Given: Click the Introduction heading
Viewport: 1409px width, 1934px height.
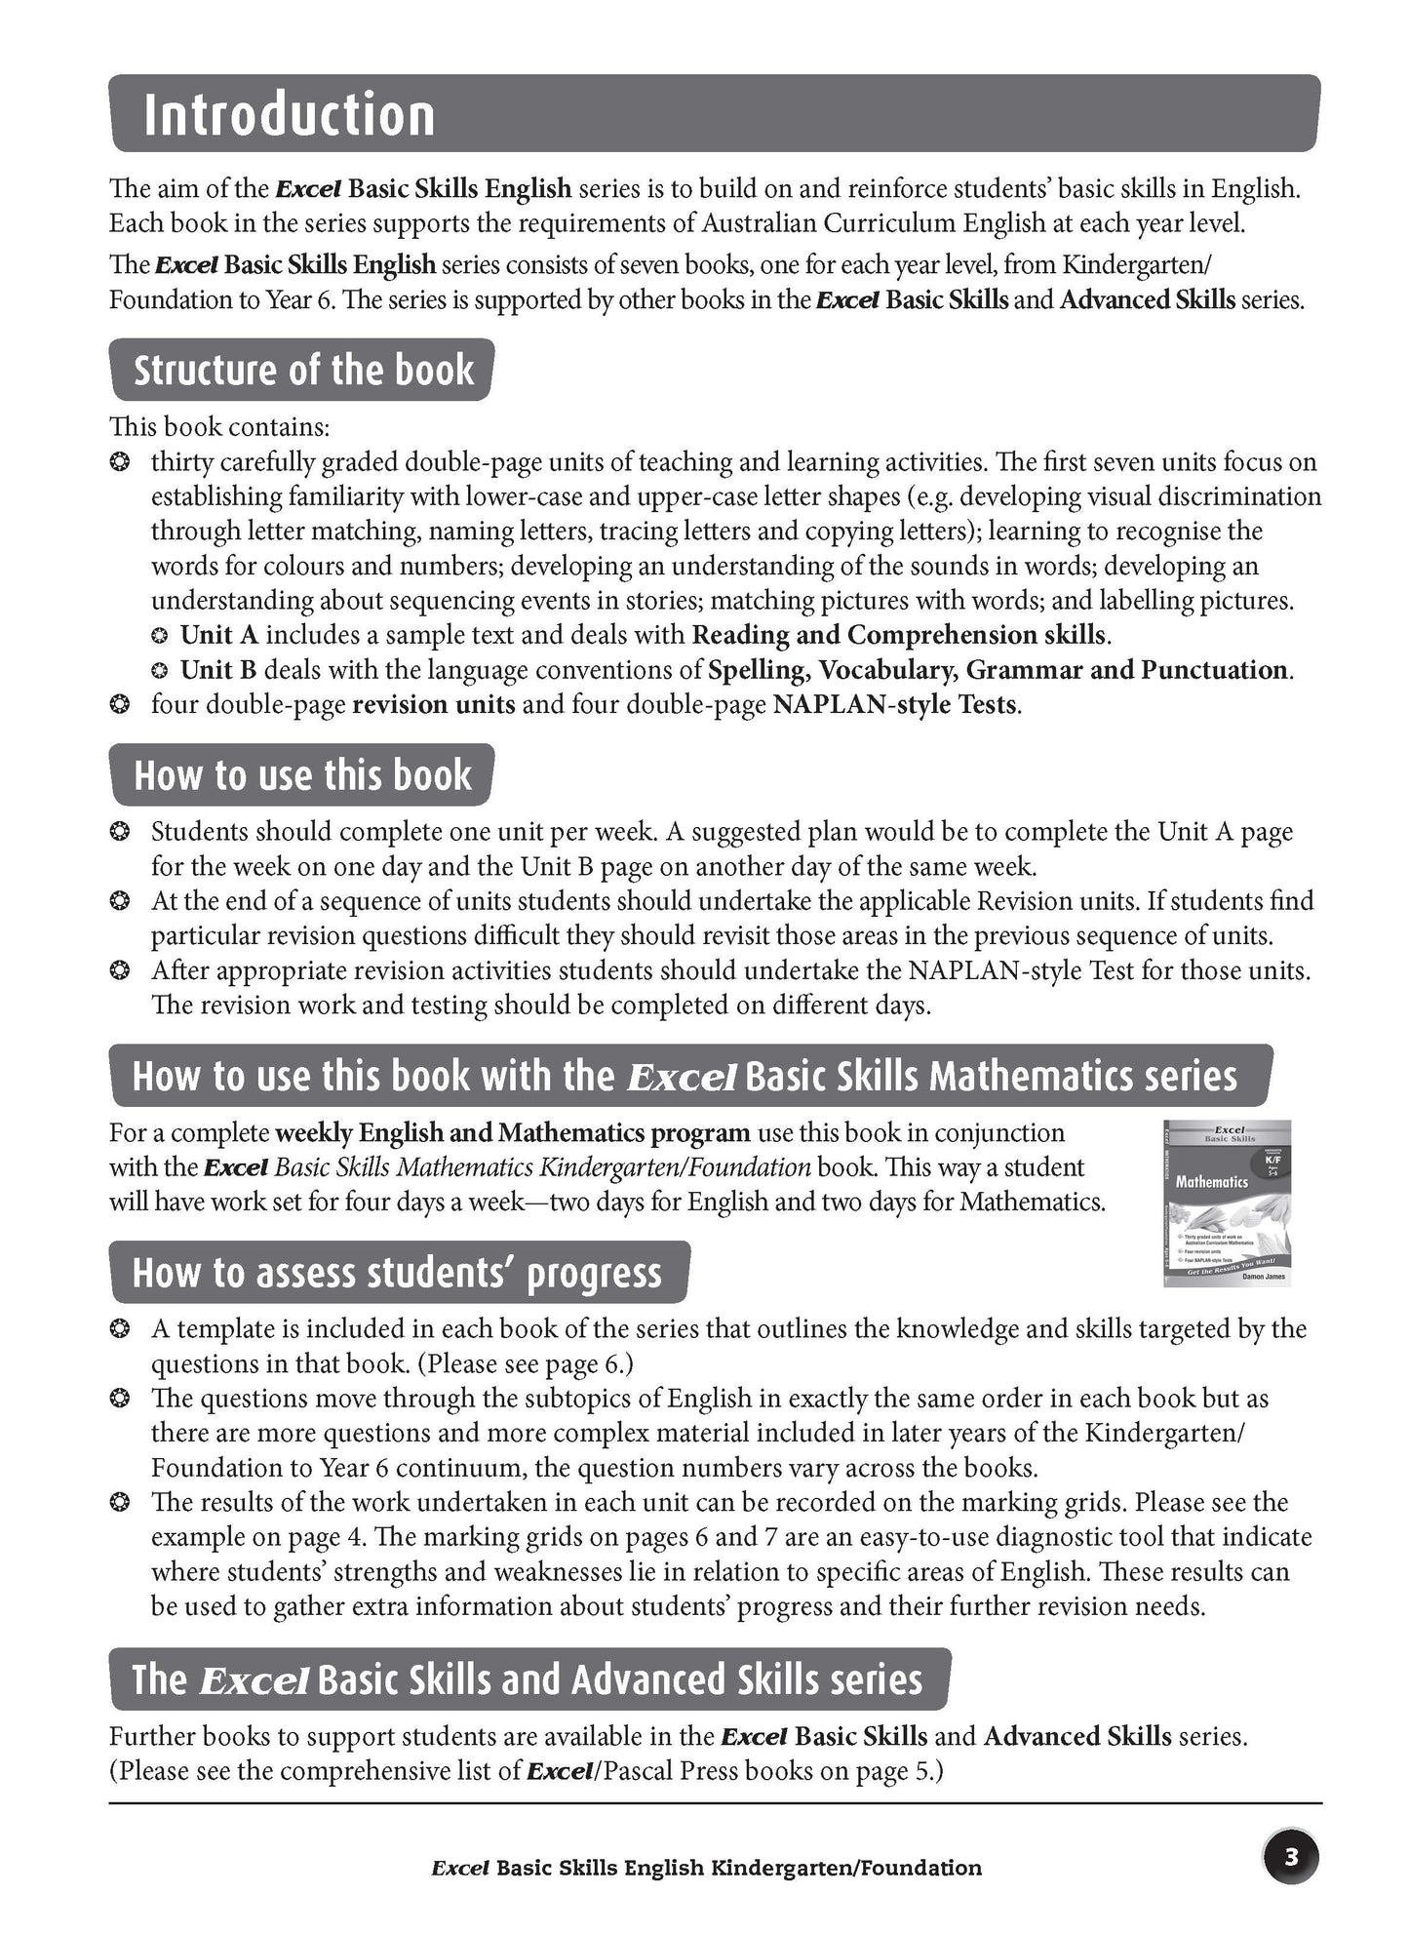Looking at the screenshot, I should [x=289, y=115].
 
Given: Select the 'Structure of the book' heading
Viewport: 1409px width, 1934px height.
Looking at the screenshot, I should [x=303, y=372].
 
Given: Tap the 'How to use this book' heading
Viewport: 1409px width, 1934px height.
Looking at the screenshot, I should [x=302, y=776].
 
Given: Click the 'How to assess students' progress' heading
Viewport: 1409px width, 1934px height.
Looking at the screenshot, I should [x=397, y=1274].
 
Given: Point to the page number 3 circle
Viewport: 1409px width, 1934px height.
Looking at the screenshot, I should [x=1291, y=1858].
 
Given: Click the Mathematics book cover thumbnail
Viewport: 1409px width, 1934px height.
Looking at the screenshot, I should [x=1227, y=1203].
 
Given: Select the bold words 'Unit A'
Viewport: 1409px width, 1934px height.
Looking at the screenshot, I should [x=219, y=636].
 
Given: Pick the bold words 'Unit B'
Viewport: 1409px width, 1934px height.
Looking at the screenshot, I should [x=218, y=671].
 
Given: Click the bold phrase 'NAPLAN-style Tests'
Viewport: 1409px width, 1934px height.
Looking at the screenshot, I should [x=895, y=705].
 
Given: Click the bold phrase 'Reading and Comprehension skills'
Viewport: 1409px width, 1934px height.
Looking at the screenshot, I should [x=899, y=636].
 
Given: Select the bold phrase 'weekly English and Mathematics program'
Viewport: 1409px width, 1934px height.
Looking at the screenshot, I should [x=513, y=1133].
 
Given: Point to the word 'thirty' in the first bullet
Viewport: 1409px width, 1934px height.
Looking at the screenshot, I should [x=178, y=462].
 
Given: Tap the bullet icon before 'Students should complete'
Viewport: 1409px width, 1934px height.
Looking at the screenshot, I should [x=120, y=833].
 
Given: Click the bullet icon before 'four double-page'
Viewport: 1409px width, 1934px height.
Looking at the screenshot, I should [x=120, y=705].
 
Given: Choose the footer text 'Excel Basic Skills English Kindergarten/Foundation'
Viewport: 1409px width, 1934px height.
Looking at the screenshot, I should [x=706, y=1869].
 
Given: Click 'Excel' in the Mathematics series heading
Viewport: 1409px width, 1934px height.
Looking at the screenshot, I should [x=680, y=1078].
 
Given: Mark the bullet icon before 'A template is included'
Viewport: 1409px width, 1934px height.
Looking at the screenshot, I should [x=120, y=1329].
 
